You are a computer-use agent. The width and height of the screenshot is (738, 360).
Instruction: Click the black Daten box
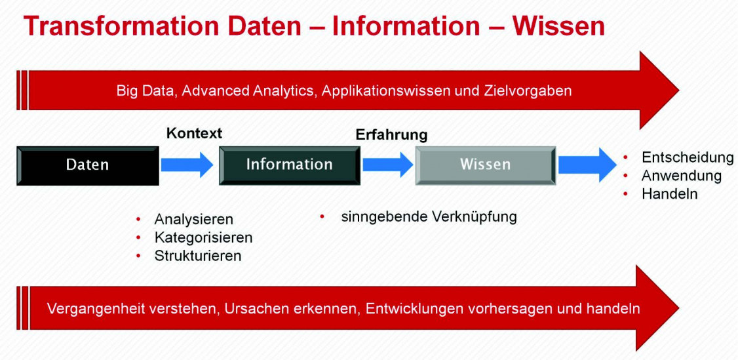tap(88, 165)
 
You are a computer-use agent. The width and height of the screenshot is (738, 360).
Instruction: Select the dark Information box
tap(290, 165)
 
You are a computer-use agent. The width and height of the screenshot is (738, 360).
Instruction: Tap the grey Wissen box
tap(485, 165)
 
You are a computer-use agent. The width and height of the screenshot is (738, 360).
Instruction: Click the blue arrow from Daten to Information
tap(187, 165)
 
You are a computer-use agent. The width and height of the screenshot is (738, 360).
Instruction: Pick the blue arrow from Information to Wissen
tap(388, 165)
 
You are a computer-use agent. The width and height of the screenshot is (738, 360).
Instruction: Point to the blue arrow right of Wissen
tap(587, 165)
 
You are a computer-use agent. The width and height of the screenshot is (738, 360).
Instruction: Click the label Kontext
tap(194, 133)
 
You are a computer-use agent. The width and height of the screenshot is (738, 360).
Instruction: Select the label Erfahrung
tap(391, 135)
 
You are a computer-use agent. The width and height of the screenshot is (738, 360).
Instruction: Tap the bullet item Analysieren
tap(193, 220)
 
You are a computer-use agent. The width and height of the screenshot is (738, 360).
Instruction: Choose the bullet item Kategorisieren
tap(203, 237)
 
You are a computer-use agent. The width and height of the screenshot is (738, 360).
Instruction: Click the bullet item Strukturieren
tap(198, 256)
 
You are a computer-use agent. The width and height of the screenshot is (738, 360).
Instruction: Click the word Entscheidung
tap(688, 158)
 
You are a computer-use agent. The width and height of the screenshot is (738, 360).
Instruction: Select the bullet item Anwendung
tap(681, 176)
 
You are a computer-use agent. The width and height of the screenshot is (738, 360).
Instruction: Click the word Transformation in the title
tap(122, 26)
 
